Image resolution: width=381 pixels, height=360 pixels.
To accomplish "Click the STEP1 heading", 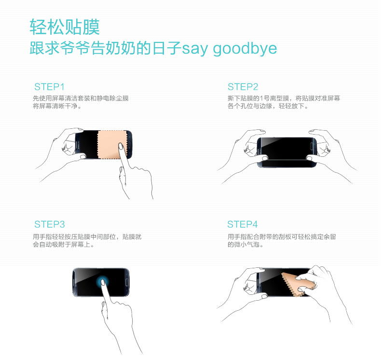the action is coord(49,87).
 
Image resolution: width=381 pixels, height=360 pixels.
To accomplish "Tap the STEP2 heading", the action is coord(243,87).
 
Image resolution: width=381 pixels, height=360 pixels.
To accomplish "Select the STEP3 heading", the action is coord(50,224).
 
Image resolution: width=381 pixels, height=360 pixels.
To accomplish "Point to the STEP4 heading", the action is coord(243,224).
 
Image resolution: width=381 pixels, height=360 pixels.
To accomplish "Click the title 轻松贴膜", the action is coord(65,27).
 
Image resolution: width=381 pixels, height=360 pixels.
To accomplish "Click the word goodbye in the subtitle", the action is coord(245,49).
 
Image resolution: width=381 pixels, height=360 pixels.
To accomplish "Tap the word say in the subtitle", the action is coord(195,49).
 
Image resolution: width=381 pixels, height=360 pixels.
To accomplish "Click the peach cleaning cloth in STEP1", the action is coord(112,145).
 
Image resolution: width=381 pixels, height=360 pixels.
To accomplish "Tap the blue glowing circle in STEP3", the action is coord(102,282).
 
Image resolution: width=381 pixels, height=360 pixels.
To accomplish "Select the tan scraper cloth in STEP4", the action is coord(295,284).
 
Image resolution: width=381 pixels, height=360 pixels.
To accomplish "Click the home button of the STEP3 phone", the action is coord(126,283).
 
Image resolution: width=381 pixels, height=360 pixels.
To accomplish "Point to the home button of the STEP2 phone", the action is coord(312,146).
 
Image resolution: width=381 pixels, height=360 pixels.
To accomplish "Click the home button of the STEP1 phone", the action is coord(129,145).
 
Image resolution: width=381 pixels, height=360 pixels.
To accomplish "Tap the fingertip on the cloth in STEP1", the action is coord(121,146).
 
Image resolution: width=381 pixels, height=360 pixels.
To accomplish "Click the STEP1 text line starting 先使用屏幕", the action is coord(81,98).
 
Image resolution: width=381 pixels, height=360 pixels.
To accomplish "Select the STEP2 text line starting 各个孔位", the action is coord(268,106).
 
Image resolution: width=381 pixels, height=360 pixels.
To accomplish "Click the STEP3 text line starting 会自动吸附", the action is coord(63,245).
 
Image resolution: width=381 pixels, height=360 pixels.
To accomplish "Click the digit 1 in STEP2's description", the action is coord(261,98).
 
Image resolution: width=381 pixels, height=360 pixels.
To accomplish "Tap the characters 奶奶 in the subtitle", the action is coord(121,48).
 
